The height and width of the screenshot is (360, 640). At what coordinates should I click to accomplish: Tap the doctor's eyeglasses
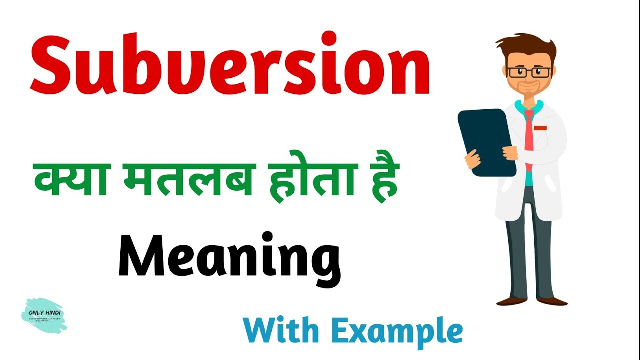click(529, 72)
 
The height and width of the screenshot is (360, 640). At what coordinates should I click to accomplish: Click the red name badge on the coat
click(540, 128)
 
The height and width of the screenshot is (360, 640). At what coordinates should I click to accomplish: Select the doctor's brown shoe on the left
click(509, 301)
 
